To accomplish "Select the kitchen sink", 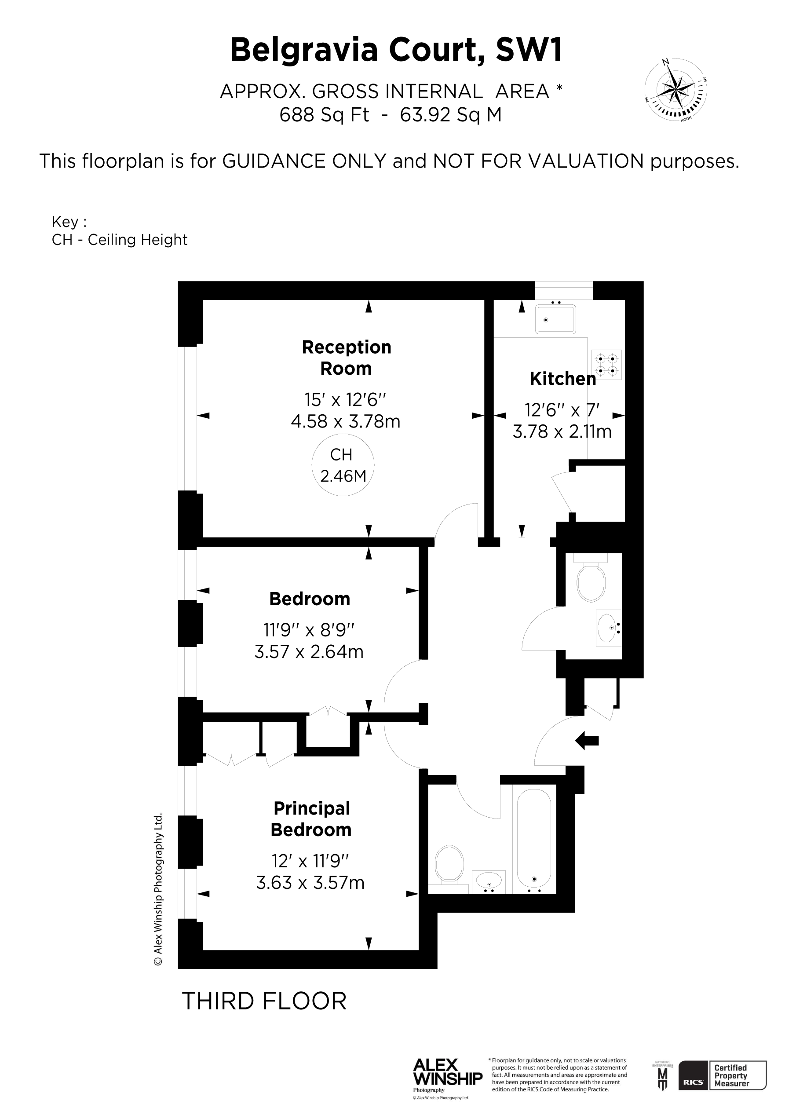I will coord(555,319).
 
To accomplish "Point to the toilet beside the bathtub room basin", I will coord(449,866).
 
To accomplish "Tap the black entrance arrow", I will coord(587,740).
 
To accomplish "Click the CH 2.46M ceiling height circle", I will coord(343,465).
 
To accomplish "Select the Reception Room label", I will coord(347,358).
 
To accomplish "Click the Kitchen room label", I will coord(563,379).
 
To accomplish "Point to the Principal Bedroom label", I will coord(311,819).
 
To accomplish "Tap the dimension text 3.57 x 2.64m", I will coord(309,652).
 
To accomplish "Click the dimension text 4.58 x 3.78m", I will coord(346,421).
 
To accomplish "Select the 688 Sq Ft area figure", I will coord(324,115).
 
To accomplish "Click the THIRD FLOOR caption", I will coord(264,1001).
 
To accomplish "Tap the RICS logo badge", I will coord(694,1082).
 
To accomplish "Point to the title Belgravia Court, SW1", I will coord(396,50).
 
